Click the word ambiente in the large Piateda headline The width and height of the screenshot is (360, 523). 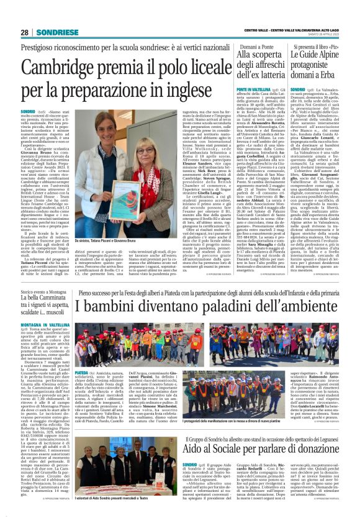(x=306, y=306)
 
